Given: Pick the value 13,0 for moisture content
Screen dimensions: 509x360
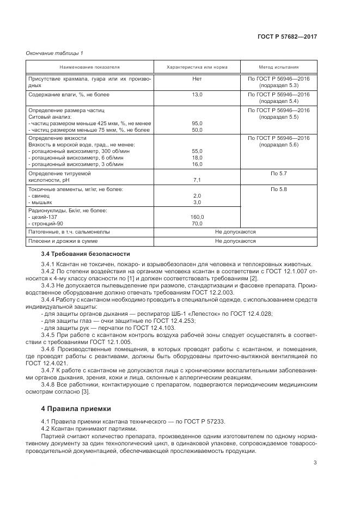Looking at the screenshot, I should (x=197, y=95).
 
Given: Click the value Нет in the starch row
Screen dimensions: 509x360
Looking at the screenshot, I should (x=197, y=79).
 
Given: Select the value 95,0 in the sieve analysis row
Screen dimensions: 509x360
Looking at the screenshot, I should (x=197, y=124).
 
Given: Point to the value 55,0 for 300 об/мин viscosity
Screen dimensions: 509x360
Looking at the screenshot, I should (x=197, y=151).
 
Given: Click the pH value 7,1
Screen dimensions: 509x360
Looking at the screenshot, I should (x=197, y=180).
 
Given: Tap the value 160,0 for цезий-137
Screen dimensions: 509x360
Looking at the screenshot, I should (x=197, y=217).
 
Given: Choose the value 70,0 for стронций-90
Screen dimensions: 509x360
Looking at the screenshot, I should (x=197, y=223).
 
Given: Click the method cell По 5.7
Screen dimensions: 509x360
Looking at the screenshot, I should (x=278, y=173).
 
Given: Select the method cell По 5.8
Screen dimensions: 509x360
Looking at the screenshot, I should (x=278, y=189).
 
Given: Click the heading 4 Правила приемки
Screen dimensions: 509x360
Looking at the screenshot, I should (x=76, y=408).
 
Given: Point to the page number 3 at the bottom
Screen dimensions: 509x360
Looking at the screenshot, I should (x=315, y=463).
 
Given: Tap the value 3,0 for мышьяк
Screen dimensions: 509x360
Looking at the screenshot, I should (x=197, y=201).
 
